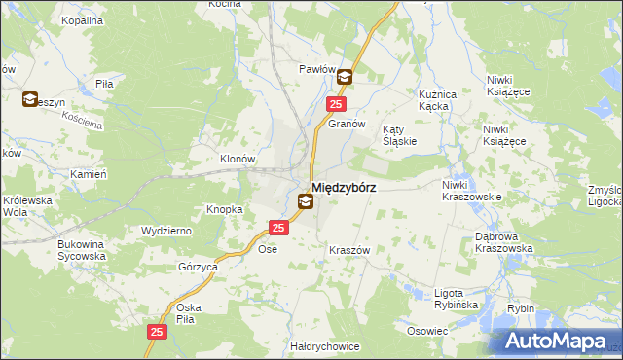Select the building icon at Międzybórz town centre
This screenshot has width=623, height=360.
click(x=306, y=202)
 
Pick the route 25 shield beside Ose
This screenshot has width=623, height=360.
click(x=278, y=228)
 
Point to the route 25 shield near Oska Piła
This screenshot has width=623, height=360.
click(x=158, y=333)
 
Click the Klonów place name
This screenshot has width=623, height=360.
click(x=237, y=159)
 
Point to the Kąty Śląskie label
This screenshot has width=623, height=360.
click(x=399, y=134)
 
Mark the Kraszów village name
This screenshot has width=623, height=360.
click(x=347, y=250)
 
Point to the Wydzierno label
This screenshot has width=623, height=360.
click(x=165, y=230)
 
